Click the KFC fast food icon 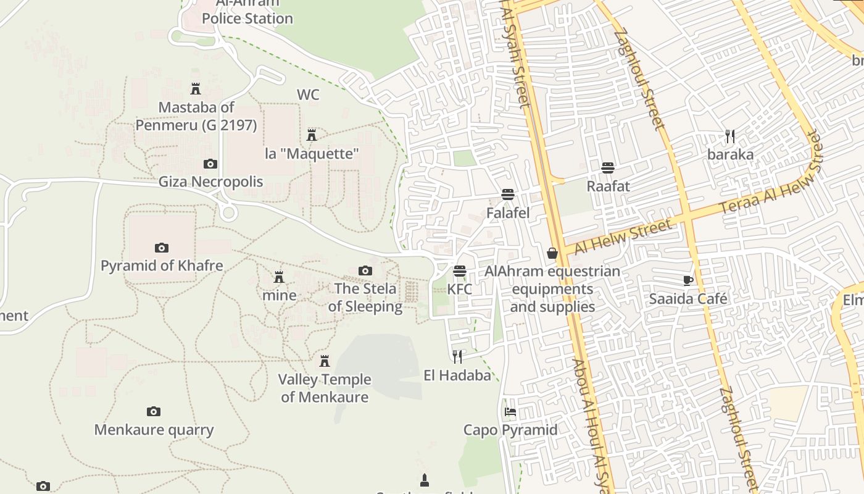point(459,271)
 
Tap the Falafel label point(508,213)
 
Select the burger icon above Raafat point(608,168)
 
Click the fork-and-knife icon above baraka point(730,136)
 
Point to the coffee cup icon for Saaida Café point(688,280)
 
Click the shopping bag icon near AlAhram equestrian point(552,253)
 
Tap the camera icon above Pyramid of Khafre point(162,248)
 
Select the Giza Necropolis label point(210,182)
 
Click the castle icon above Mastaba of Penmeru point(196,88)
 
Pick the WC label point(308,94)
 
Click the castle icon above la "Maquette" point(312,135)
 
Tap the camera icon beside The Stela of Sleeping point(365,270)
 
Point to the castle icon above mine point(279,277)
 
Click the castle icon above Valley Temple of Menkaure point(325,361)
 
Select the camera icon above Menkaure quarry point(154,411)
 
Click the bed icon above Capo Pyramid point(510,411)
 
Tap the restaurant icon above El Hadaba point(457,356)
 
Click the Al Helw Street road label point(623,237)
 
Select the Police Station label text point(247,19)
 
